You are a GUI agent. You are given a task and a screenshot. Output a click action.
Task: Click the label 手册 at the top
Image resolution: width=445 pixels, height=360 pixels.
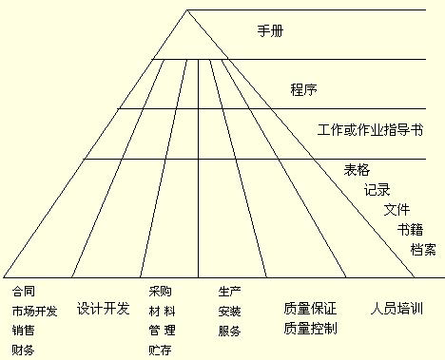271,31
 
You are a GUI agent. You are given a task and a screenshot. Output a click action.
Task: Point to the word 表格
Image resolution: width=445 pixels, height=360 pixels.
357,170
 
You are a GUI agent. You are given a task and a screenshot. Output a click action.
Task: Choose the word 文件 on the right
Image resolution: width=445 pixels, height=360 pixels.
397,209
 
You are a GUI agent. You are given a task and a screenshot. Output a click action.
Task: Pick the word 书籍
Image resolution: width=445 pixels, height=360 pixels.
411,229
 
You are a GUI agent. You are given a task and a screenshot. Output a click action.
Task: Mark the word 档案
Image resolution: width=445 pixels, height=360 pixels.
423,249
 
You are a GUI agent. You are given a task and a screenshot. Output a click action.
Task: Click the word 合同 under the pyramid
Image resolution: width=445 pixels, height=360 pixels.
23,291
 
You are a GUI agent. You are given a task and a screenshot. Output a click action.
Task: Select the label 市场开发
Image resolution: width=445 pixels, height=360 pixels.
34,311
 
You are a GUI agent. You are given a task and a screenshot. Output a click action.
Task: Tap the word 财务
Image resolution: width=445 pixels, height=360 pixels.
23,351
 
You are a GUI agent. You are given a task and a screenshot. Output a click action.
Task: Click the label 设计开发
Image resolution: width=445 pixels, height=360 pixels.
103,309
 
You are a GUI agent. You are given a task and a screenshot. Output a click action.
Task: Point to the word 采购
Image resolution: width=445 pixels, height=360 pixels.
160,291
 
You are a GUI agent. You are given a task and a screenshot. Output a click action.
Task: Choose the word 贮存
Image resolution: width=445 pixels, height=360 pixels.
160,351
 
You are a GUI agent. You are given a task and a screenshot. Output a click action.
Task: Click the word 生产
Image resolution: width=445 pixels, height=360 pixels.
229,291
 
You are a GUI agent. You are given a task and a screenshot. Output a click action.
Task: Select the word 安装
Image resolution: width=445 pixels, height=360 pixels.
229,311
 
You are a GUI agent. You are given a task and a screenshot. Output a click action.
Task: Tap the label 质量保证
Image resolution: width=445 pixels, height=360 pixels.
310,309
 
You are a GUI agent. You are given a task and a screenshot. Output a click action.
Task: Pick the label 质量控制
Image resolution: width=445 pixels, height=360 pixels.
310,329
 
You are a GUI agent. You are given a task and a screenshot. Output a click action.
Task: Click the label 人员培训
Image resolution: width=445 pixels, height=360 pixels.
396,309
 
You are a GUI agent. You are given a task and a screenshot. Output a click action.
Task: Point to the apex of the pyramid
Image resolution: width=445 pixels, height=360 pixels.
188,9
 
